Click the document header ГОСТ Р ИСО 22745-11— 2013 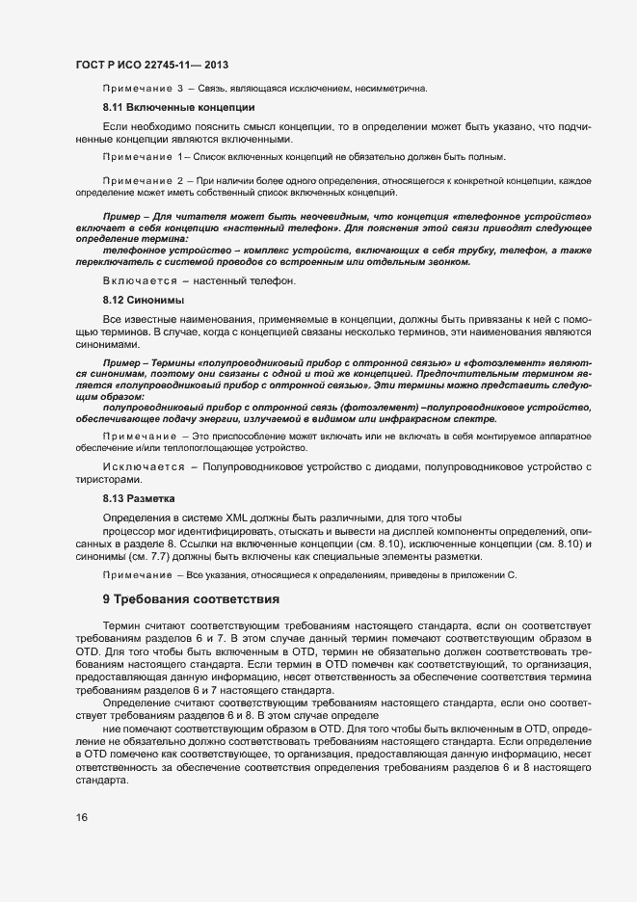pos(151,64)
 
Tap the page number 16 pos(81,817)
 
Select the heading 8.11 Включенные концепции pos(178,107)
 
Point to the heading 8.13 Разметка pos(139,499)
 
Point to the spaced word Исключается pos(143,467)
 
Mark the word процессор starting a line pos(130,532)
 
